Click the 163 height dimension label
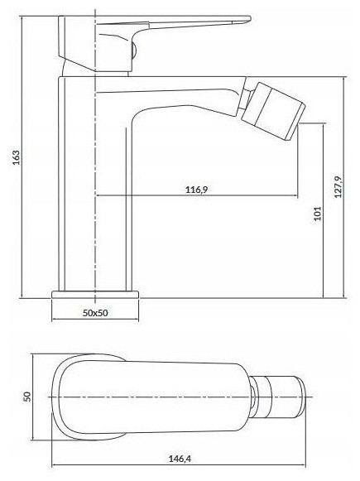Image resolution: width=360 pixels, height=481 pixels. [x=16, y=157]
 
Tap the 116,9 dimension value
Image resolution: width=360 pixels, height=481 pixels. [x=196, y=190]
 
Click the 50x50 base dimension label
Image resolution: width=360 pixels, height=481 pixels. [x=95, y=313]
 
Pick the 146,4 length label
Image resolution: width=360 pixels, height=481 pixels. [x=180, y=459]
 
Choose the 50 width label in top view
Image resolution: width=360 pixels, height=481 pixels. [x=27, y=397]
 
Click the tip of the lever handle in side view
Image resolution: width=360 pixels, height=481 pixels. [x=250, y=18]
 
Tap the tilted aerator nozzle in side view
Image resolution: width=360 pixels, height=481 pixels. [x=273, y=111]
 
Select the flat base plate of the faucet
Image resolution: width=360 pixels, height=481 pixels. [x=95, y=294]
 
